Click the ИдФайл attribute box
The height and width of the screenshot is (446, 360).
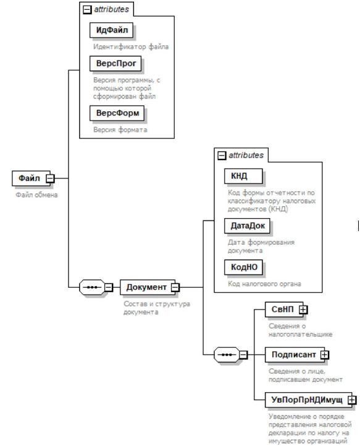coord(111,30)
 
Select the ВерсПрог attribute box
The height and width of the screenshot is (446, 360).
coord(115,64)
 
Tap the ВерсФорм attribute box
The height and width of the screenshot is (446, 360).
coord(117,113)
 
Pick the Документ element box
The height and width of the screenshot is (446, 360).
coord(148,287)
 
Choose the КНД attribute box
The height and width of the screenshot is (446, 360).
coord(243,176)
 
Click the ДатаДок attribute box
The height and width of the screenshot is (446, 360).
coord(247,226)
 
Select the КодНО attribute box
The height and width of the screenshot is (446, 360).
coord(243,267)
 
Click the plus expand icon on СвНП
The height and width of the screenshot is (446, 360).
coord(303,309)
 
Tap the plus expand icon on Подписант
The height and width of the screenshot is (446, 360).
coord(324,355)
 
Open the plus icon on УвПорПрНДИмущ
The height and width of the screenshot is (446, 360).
coord(352,400)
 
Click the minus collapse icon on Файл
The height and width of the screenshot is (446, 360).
coord(51,179)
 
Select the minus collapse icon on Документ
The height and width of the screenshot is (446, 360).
coord(175,287)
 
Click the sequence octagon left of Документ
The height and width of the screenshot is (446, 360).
coord(92,287)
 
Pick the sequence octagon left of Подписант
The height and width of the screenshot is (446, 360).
coord(227,355)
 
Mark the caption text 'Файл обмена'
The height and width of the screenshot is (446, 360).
coord(36,195)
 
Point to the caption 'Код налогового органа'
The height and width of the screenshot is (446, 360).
coord(264,284)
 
